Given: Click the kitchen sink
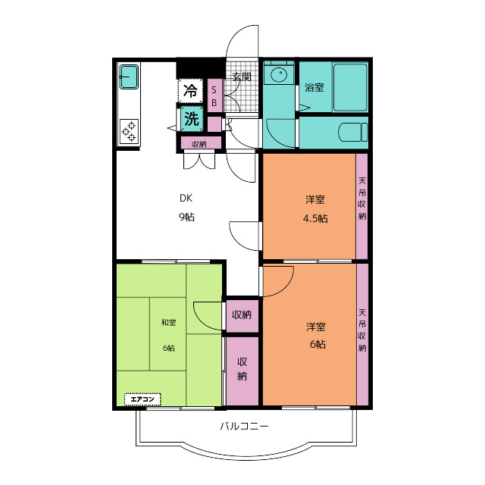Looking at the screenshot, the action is click(x=129, y=77).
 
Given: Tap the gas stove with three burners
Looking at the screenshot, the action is click(x=129, y=131).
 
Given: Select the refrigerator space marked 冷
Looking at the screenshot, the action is click(x=190, y=91).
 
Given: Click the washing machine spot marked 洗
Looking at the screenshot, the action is click(x=192, y=118).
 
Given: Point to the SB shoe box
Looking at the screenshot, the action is click(x=214, y=95).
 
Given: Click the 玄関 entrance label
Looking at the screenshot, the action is click(x=242, y=77).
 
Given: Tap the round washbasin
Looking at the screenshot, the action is click(x=279, y=74).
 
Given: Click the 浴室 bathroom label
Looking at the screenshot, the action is click(x=314, y=88).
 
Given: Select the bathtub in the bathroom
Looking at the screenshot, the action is click(x=350, y=88).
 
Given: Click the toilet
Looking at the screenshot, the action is click(x=353, y=133).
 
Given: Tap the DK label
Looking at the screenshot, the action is click(x=186, y=198).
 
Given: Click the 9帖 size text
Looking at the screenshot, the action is click(x=187, y=217).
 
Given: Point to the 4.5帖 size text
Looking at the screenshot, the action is click(x=315, y=218).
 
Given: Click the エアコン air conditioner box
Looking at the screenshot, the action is click(x=142, y=399).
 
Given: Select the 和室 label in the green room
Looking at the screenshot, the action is click(x=168, y=323).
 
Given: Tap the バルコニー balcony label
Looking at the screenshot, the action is click(x=244, y=426).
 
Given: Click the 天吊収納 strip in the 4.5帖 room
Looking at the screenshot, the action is click(x=362, y=206).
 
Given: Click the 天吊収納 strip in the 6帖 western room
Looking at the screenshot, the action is click(x=362, y=334).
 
